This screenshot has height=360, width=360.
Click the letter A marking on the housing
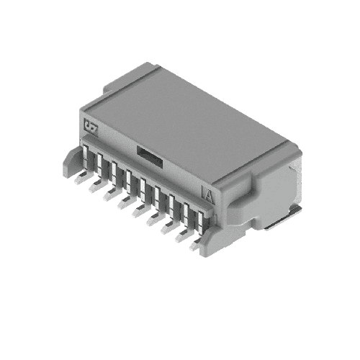pos(208,194)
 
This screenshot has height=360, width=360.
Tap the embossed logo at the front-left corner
pos(91,125)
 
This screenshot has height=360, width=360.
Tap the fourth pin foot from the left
pos(123,205)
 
